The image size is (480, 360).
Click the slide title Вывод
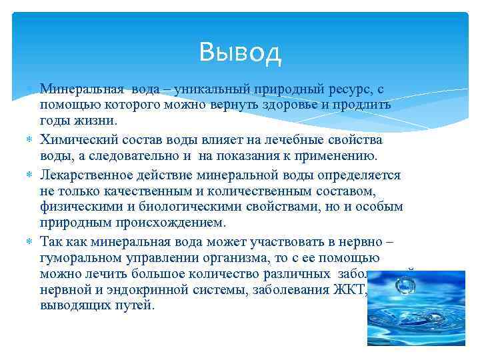240,52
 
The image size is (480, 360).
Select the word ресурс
351,89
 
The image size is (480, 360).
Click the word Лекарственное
84,175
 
